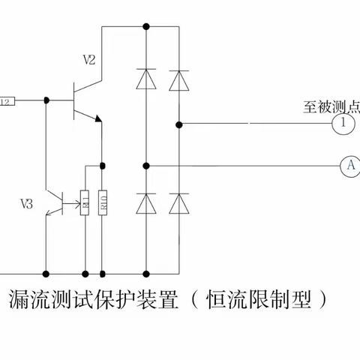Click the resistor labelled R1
point(85,202)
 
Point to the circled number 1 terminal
point(343,122)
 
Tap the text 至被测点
point(331,106)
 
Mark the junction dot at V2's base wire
point(46,100)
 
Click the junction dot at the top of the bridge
point(146,27)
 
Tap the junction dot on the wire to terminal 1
point(179,122)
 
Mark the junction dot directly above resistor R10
point(103,165)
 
